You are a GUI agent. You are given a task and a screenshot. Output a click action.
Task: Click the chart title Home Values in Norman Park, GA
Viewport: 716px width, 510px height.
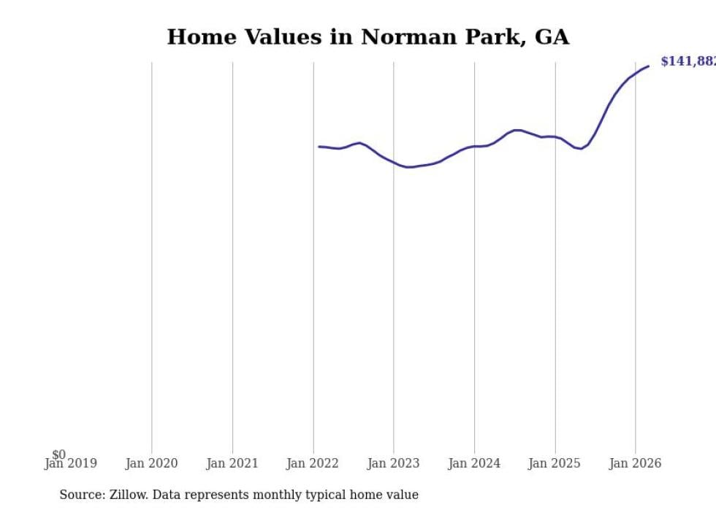coord(367,37)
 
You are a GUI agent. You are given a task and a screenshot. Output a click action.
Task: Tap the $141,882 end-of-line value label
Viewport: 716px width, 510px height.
coord(688,61)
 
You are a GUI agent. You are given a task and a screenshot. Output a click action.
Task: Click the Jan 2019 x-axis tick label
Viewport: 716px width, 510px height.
coord(71,463)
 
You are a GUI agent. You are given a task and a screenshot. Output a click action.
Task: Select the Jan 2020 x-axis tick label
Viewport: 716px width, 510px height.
coord(152,463)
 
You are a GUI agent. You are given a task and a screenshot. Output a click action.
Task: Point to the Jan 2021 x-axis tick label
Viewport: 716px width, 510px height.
coord(232,463)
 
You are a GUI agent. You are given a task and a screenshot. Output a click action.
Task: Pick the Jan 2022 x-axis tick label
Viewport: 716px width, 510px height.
coord(313,463)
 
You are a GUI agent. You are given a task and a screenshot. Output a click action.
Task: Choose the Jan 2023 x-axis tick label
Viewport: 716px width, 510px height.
coord(394,463)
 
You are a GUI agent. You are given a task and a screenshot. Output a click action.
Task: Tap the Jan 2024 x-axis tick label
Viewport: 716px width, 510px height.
coord(474,463)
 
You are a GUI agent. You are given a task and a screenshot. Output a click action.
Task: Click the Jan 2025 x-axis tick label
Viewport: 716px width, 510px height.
coord(555,463)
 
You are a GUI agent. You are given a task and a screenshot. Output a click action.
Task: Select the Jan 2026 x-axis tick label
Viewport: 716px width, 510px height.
coord(636,463)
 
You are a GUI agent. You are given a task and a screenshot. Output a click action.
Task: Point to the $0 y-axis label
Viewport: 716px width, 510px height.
coord(58,455)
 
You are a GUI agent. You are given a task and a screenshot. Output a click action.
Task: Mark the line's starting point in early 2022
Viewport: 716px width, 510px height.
coord(319,147)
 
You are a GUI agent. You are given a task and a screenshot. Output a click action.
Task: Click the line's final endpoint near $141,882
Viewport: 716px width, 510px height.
coord(648,66)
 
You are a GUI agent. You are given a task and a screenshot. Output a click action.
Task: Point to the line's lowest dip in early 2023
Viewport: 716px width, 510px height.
coord(410,167)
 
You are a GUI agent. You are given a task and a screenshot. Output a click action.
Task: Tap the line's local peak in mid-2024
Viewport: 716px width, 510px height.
coord(517,130)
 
